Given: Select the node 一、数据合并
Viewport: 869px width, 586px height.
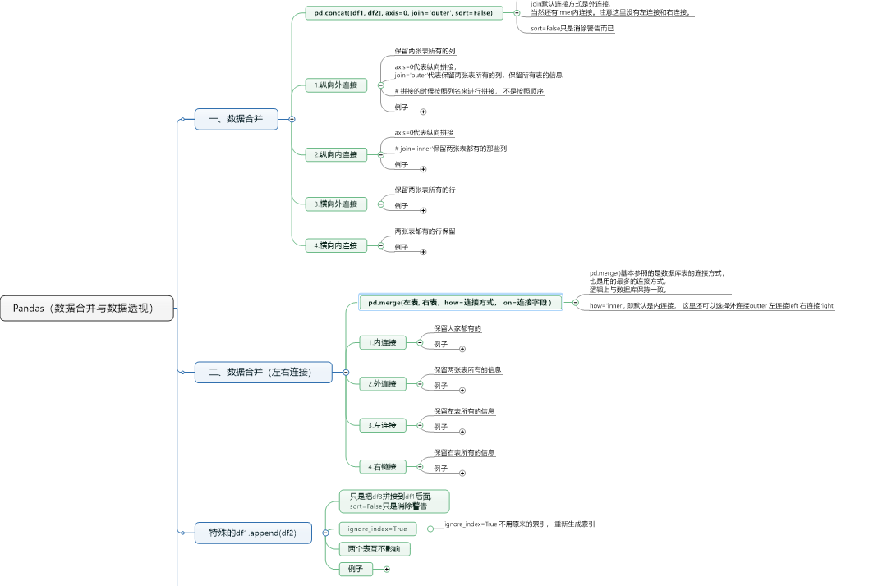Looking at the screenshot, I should click(236, 119).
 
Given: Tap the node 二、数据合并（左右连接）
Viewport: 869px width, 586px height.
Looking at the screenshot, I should click(264, 372).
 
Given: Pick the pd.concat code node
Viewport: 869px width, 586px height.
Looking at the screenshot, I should click(404, 13).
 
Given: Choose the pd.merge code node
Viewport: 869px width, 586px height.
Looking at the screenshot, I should click(460, 303).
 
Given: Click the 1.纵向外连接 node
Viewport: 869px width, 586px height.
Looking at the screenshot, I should click(336, 85).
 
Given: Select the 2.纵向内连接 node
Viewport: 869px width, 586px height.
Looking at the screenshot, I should click(336, 154).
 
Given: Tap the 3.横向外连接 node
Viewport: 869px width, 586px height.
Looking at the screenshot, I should click(336, 204).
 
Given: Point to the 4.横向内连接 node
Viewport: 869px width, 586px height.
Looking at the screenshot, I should click(336, 245).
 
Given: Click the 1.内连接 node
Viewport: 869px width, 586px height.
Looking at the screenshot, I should click(383, 342).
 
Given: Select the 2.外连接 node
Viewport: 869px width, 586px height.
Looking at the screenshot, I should click(383, 383).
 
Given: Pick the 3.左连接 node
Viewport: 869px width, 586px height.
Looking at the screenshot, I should click(383, 425).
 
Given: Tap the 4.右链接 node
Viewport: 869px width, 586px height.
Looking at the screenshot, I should click(383, 466).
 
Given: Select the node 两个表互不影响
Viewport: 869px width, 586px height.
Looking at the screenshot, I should click(374, 548).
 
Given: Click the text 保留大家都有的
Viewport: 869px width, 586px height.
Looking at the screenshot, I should click(457, 328).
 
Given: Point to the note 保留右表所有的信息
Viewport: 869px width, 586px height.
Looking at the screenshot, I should click(465, 452).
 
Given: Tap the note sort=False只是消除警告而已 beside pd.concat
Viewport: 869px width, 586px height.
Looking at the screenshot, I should click(572, 29).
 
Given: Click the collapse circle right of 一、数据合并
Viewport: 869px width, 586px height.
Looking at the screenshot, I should click(292, 119).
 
